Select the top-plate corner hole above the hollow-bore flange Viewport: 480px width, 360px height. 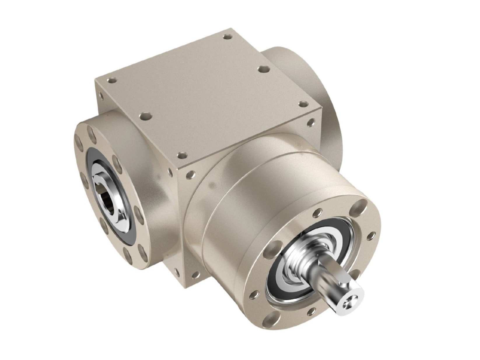pos(111,80)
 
